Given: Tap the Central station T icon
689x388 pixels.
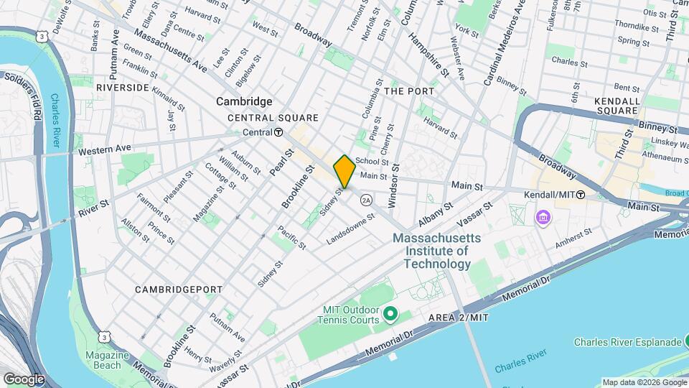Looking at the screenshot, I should tap(278, 132).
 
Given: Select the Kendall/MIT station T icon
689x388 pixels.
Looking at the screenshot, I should tap(580, 195).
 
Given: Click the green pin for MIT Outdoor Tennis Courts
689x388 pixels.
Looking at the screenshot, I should tap(390, 314).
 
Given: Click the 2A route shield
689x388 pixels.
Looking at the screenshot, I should tap(367, 200).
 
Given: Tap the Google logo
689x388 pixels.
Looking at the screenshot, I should tap(24, 379).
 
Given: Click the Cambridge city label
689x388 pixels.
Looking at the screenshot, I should tap(245, 102).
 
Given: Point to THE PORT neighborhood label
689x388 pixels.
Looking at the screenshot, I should tap(409, 91).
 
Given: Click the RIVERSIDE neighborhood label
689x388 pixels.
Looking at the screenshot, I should tap(123, 88).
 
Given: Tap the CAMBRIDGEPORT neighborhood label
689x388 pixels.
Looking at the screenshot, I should tap(179, 290).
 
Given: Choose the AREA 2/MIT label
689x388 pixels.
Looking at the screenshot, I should tap(459, 318).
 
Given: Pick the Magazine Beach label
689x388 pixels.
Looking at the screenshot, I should tap(107, 360).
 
